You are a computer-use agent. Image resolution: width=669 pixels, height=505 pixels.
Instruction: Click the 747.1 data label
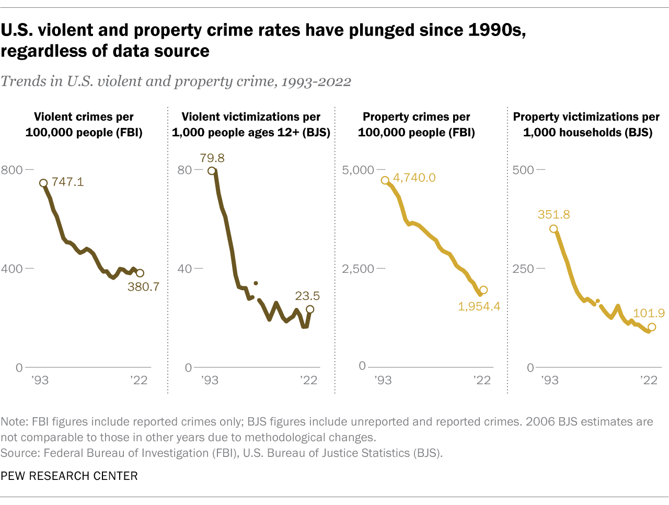pyautogui.click(x=67, y=182)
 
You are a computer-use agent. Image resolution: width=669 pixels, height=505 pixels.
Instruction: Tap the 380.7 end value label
pyautogui.click(x=143, y=286)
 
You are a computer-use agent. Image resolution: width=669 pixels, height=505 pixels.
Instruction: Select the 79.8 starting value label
pyautogui.click(x=212, y=158)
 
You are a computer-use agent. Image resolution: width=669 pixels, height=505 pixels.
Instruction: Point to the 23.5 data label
pyautogui.click(x=307, y=296)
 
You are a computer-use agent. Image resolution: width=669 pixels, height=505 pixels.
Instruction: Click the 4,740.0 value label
pyautogui.click(x=414, y=178)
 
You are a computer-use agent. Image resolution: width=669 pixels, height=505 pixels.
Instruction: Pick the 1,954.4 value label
pyautogui.click(x=479, y=306)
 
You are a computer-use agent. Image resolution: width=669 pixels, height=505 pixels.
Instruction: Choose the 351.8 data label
pyautogui.click(x=553, y=214)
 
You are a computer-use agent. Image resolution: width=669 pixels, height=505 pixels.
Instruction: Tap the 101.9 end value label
pyautogui.click(x=649, y=313)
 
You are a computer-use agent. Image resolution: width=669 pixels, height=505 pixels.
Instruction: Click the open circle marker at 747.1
pyautogui.click(x=43, y=183)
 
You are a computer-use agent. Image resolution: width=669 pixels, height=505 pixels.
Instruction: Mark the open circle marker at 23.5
pyautogui.click(x=310, y=309)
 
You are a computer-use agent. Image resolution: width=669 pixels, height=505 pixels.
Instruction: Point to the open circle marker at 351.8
pyautogui.click(x=553, y=229)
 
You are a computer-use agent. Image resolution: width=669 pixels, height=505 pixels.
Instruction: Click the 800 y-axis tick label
pyautogui.click(x=11, y=170)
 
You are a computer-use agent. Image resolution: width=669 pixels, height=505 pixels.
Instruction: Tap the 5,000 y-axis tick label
pyautogui.click(x=358, y=170)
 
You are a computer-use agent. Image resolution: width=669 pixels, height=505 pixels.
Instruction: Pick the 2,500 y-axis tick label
pyautogui.click(x=358, y=269)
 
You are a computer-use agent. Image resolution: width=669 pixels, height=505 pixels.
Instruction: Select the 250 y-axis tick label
pyautogui.click(x=523, y=269)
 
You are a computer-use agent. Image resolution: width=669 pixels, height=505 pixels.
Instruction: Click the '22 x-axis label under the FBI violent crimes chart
pyautogui.click(x=139, y=380)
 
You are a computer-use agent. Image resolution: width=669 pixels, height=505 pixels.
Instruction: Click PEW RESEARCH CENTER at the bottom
pyautogui.click(x=69, y=476)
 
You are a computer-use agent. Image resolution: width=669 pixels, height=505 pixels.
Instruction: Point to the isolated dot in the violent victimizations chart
pyautogui.click(x=256, y=283)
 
